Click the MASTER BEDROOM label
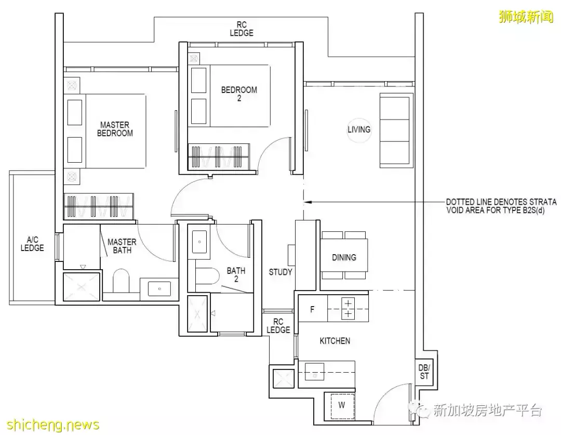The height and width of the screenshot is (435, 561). point(116,129)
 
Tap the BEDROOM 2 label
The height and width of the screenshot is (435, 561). point(239,94)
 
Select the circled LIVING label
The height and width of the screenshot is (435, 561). point(359,129)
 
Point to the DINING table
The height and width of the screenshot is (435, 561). point(344,257)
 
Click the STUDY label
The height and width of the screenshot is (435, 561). point(280,272)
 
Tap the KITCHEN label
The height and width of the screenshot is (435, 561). point(335,341)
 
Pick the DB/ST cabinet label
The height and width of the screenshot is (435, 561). point(424,372)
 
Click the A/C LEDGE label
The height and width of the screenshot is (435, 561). point(32,244)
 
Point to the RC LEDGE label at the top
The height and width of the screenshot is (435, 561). point(242,29)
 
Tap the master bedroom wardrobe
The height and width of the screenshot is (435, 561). point(99,206)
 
